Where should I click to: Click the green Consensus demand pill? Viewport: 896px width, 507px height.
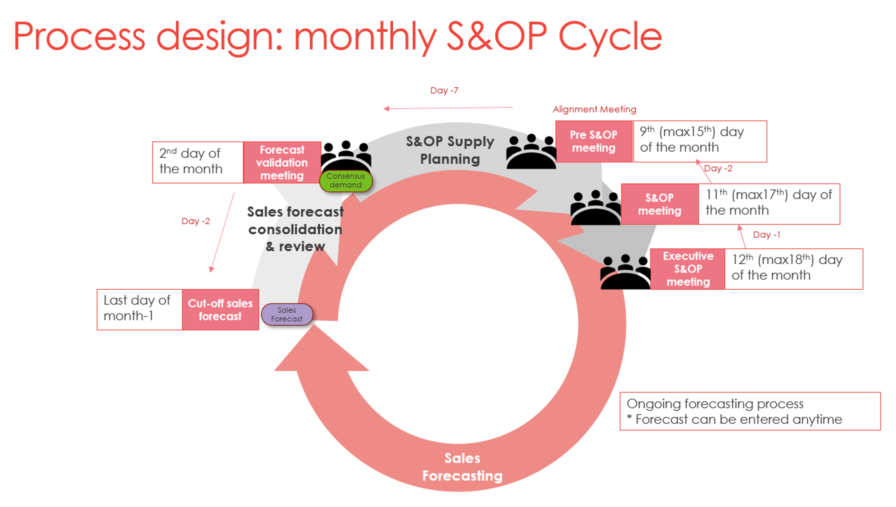pos(346,180)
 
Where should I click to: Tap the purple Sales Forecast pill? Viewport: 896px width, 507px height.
pos(287,315)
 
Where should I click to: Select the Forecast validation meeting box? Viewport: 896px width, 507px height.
pos(282,162)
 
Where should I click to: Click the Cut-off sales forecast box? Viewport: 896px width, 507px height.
pos(220,310)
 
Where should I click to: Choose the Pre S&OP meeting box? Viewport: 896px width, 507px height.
pos(594,141)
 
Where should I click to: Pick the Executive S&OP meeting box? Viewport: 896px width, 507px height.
pos(688,269)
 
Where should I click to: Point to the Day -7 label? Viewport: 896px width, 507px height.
pos(444,91)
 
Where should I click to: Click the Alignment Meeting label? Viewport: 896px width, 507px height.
pos(594,109)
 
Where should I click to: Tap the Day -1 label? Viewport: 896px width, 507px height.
pos(766,235)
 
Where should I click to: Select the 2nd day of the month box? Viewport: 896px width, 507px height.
pos(198,162)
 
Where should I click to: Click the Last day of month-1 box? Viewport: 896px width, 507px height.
pos(140,310)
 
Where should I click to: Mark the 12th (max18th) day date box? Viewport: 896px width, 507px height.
pos(793,269)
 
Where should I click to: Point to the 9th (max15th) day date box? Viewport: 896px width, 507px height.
pos(700,141)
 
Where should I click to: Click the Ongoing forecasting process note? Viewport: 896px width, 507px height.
pos(750,411)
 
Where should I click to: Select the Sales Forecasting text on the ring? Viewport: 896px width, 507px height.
pos(462,467)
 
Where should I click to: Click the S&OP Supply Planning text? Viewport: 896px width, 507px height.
pos(450,150)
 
